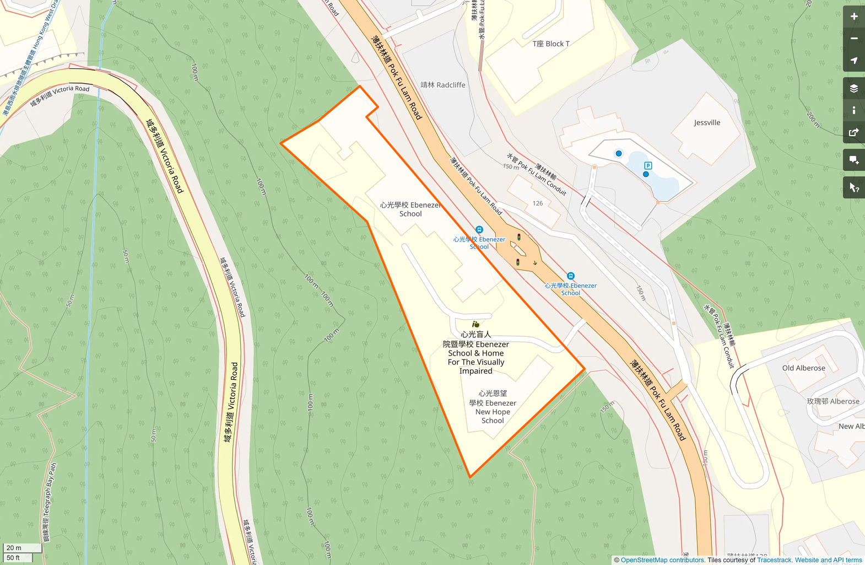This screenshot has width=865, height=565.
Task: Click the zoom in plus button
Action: pyautogui.click(x=854, y=17)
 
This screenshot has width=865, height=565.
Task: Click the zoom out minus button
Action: pyautogui.click(x=854, y=39)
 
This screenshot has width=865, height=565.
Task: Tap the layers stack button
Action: pyautogui.click(x=854, y=88)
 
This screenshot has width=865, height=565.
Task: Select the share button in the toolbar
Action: pyautogui.click(x=854, y=132)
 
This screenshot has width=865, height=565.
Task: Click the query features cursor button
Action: pyautogui.click(x=854, y=188)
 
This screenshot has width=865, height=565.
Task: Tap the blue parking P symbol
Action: pyautogui.click(x=648, y=165)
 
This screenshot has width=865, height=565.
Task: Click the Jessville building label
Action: pyautogui.click(x=707, y=122)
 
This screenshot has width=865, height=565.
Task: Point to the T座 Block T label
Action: pyautogui.click(x=551, y=44)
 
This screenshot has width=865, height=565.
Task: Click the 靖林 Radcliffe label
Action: pyautogui.click(x=443, y=85)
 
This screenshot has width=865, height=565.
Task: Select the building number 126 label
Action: pyautogui.click(x=538, y=203)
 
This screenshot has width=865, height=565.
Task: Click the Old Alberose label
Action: pyautogui.click(x=803, y=368)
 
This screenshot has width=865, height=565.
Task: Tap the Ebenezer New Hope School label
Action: pyautogui.click(x=493, y=407)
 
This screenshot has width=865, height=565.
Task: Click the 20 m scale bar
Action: pyautogui.click(x=22, y=547)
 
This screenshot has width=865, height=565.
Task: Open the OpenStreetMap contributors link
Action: pyautogui.click(x=662, y=560)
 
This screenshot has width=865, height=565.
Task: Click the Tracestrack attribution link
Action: pyautogui.click(x=774, y=560)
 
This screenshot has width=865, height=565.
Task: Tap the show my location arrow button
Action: pyautogui.click(x=854, y=61)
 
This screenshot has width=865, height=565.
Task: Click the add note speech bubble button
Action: pyautogui.click(x=854, y=160)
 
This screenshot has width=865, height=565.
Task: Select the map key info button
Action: pyautogui.click(x=854, y=110)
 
